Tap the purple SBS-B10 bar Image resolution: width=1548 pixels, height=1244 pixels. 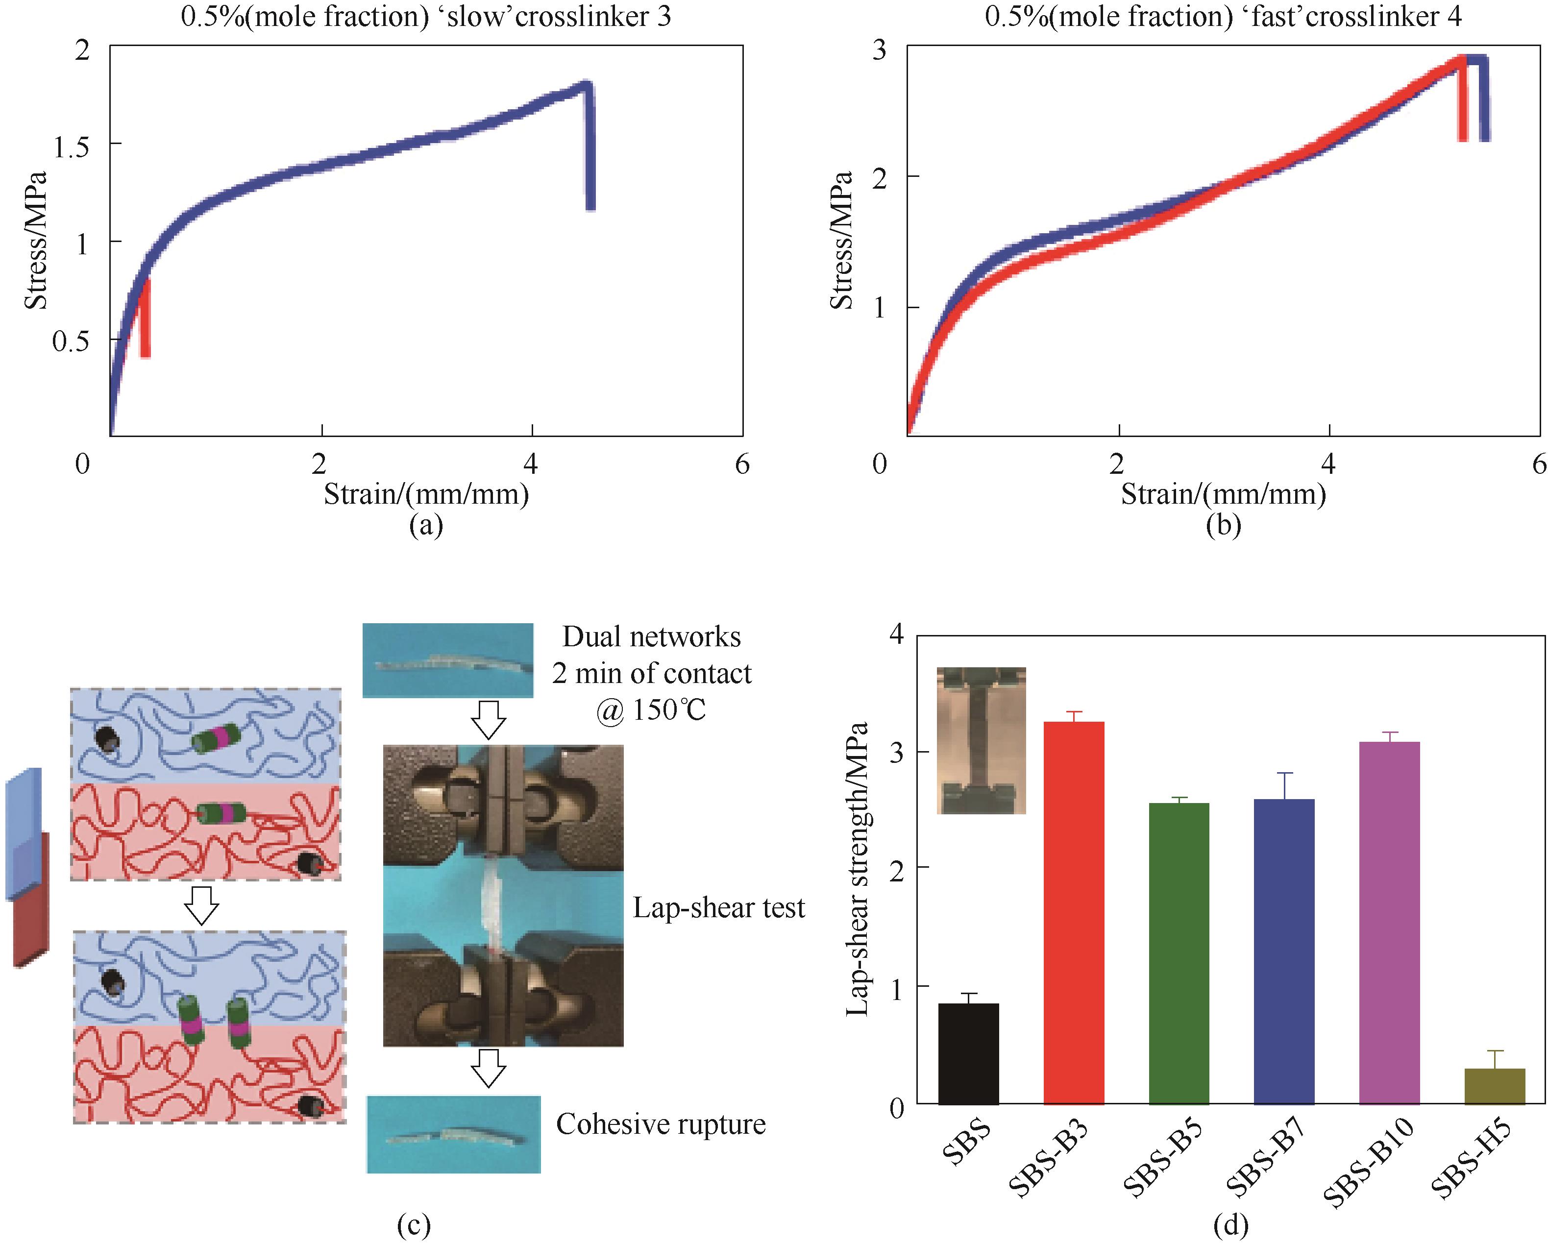pyautogui.click(x=1389, y=923)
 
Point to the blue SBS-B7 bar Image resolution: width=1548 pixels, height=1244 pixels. pyautogui.click(x=1284, y=951)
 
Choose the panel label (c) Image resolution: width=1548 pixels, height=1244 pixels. pyautogui.click(x=414, y=1225)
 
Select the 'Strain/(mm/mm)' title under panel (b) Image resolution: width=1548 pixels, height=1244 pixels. pyautogui.click(x=1223, y=494)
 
